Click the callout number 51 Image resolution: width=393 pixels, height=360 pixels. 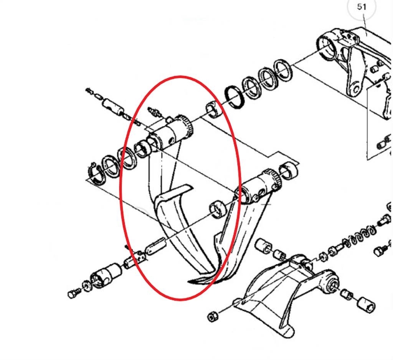pos(361,7)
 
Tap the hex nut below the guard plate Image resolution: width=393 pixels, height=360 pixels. pos(213,317)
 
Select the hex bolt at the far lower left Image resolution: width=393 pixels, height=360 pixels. pos(74,293)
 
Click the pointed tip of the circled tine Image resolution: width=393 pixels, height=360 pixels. pos(189,282)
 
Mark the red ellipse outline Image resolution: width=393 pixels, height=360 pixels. pos(120,188)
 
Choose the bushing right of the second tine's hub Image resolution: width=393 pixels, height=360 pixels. pos(289,171)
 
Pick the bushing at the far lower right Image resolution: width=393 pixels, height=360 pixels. pos(366,304)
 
